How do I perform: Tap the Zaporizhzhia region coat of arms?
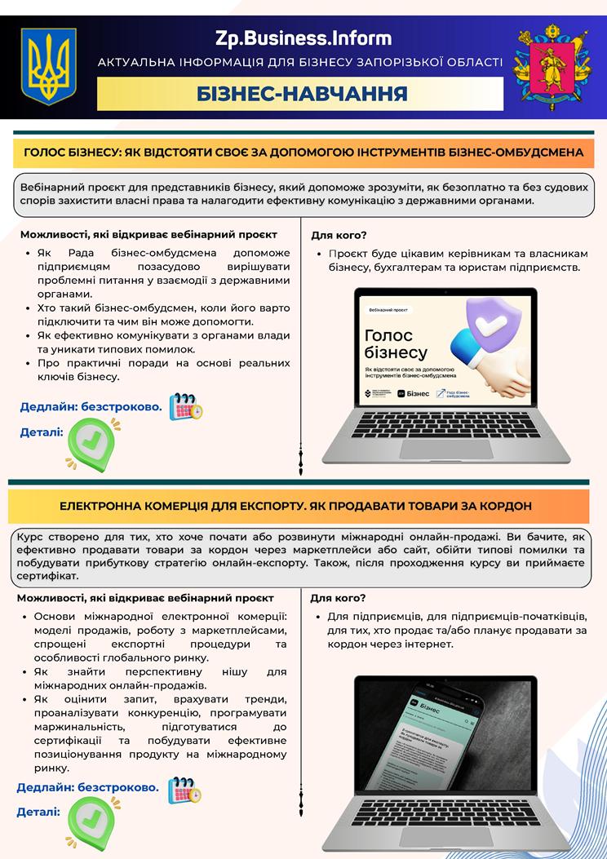(x=552, y=67)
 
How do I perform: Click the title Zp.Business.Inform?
(x=303, y=38)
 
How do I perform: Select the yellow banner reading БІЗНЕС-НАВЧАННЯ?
(x=300, y=94)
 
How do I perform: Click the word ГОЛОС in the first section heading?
(x=45, y=152)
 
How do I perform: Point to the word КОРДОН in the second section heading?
(x=503, y=506)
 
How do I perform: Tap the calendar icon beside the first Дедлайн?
(x=185, y=405)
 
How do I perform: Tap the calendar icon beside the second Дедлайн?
(x=184, y=790)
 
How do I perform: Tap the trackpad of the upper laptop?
(x=445, y=449)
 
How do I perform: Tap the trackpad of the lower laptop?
(x=445, y=836)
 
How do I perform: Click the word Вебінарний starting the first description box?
(x=51, y=187)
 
